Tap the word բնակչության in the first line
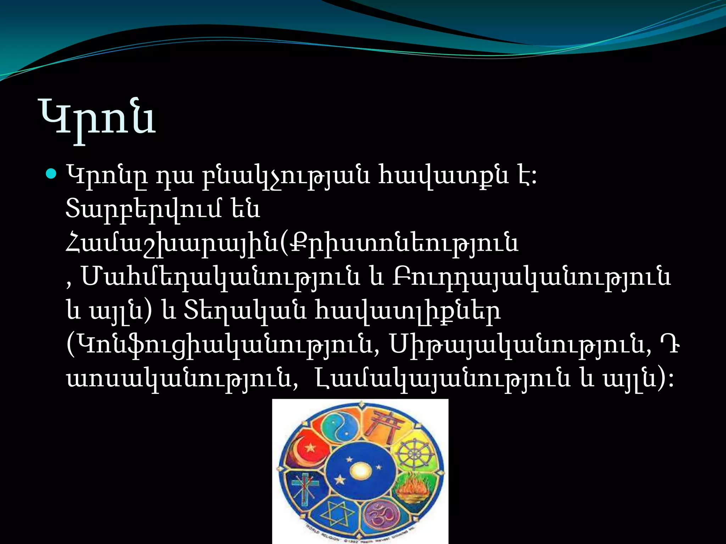[286, 176]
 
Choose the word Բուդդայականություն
[532, 277]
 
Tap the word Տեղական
[245, 311]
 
